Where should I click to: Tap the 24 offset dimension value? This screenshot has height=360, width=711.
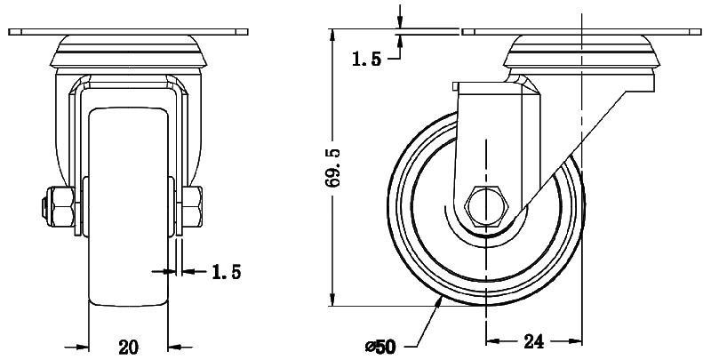(535, 340)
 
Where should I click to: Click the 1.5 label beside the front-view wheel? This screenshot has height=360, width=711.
(226, 271)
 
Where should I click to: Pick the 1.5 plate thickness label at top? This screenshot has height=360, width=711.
(366, 60)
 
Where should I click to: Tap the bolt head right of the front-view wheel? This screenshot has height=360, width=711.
(196, 206)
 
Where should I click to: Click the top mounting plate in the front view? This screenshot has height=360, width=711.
(130, 33)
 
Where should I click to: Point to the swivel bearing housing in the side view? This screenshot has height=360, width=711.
(583, 55)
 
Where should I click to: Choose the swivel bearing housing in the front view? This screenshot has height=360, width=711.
(130, 53)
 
